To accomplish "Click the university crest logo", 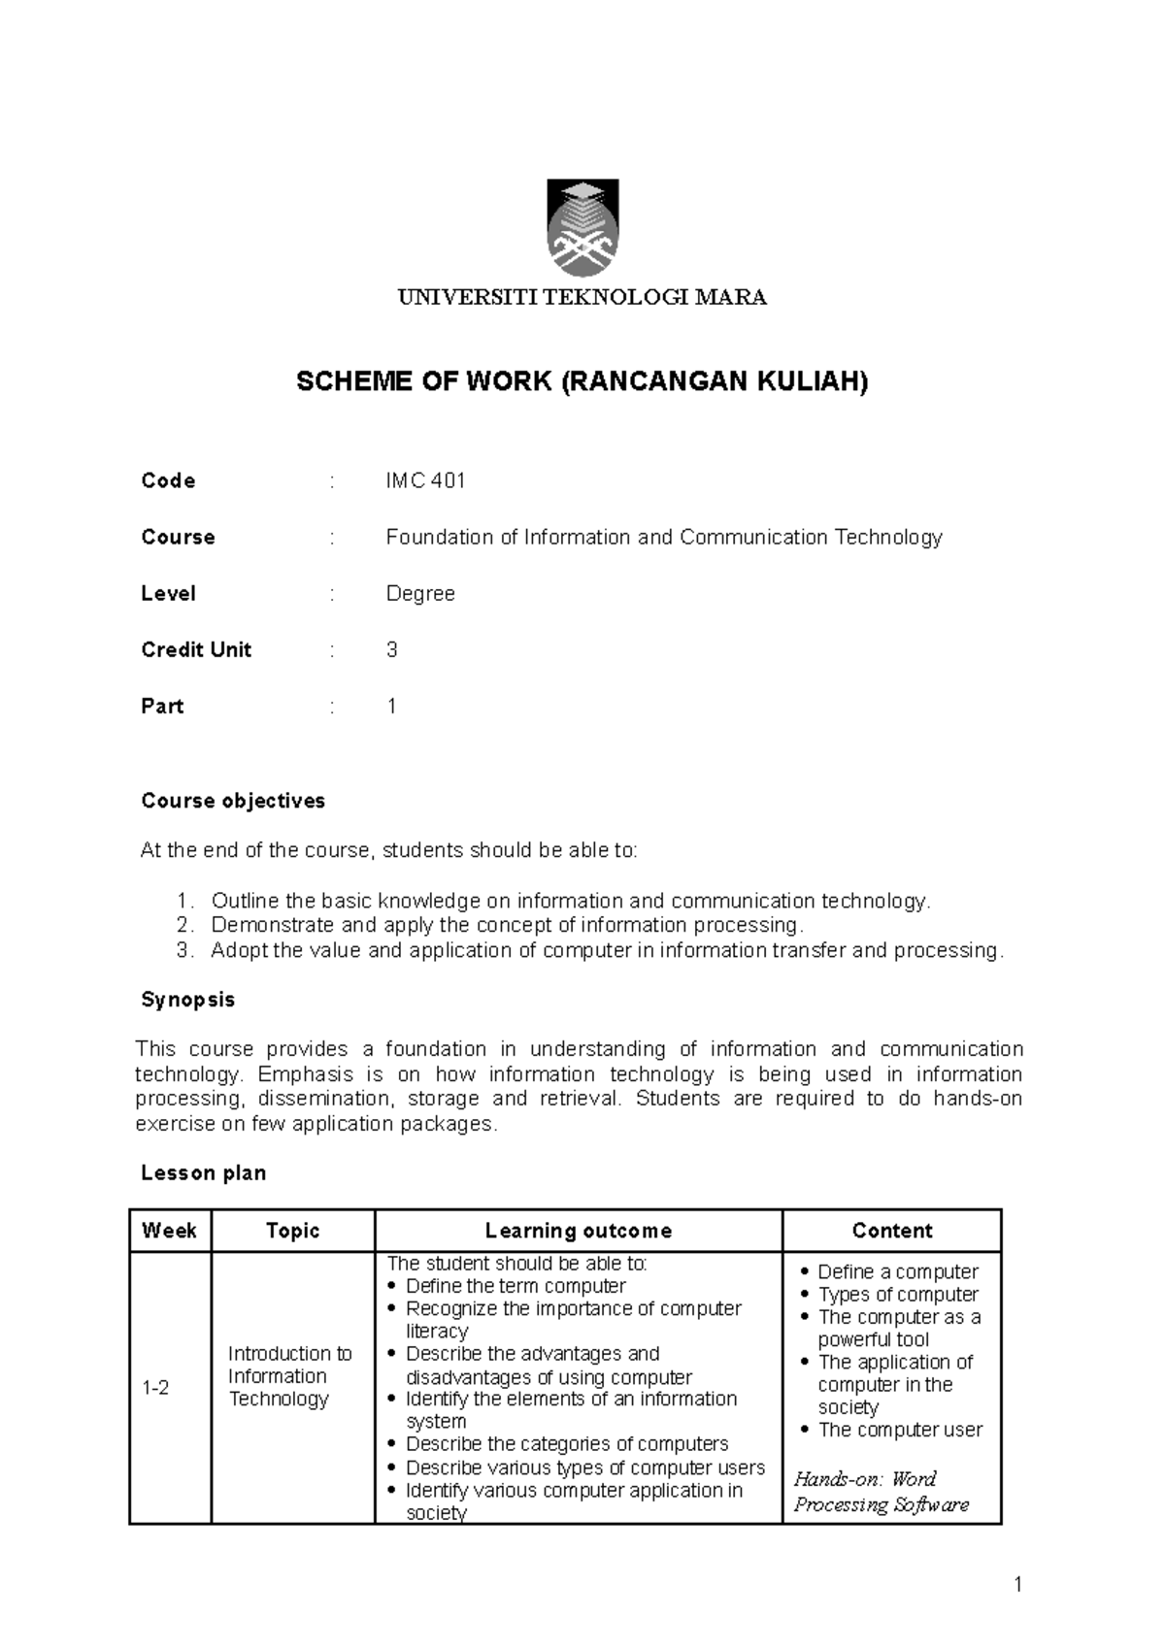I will coord(582,228).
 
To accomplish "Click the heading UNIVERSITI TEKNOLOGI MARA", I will coord(582,298).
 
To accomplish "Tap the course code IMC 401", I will coord(425,481).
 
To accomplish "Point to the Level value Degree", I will coord(420,594).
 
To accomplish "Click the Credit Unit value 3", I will coord(392,650).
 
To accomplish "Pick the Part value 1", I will coord(392,707).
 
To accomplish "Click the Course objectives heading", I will coord(233,802).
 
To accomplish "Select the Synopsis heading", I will coord(188,1001).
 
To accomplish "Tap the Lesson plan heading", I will coord(204,1173).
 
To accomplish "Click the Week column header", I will coord(169,1232).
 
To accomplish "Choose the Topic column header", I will coord(292,1232).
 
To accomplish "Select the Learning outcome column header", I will coord(579,1232).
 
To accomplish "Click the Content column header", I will coord(891,1232).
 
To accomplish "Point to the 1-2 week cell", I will coord(155,1389).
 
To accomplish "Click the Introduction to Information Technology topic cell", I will coord(289,1376).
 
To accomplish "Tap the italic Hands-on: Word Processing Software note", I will coord(882,1493).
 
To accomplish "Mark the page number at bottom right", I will coord(1017,1586).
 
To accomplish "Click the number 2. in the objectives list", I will coord(186,925).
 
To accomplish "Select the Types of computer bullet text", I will coord(898,1295).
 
